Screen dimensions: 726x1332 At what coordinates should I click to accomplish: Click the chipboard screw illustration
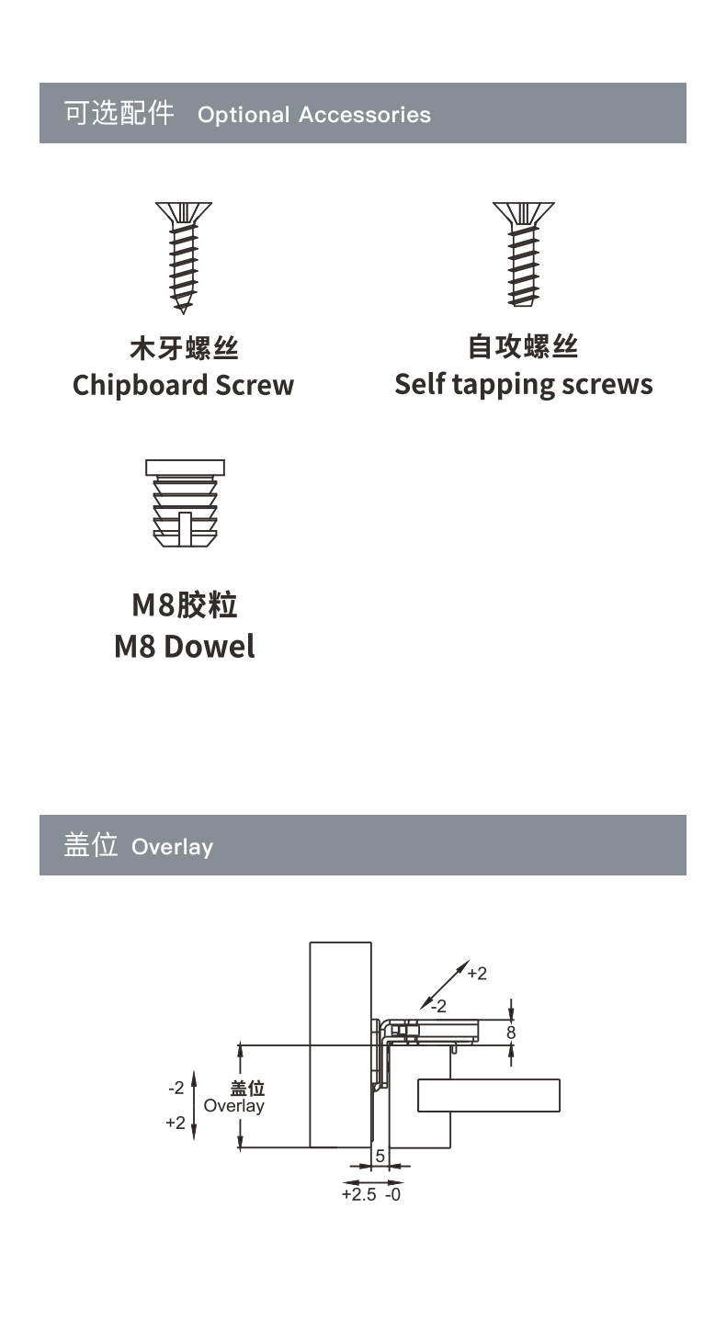(x=183, y=257)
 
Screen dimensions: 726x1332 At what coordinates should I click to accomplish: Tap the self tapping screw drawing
(x=523, y=254)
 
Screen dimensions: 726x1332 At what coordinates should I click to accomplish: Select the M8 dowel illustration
(x=185, y=503)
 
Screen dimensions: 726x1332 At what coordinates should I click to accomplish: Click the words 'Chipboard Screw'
(x=183, y=385)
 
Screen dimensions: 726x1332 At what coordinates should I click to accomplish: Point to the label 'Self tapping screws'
(x=524, y=385)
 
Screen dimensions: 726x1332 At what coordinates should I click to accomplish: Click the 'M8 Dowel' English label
(x=185, y=647)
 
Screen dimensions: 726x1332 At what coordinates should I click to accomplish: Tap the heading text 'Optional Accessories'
(x=314, y=115)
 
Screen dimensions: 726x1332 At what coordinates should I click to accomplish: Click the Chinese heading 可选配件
(x=119, y=113)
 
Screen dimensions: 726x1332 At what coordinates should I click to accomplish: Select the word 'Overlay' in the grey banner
(x=172, y=847)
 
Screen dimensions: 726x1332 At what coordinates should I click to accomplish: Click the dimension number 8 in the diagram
(x=511, y=1033)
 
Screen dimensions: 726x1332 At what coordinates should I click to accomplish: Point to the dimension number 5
(x=380, y=1156)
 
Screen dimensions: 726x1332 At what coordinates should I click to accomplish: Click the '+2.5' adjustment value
(x=358, y=1194)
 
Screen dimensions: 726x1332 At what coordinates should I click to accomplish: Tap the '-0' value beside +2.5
(x=392, y=1194)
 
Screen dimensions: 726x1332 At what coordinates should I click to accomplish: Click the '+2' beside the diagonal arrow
(x=477, y=974)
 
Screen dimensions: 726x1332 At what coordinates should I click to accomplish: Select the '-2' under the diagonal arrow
(x=438, y=1006)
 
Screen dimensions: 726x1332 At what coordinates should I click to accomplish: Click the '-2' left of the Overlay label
(x=176, y=1088)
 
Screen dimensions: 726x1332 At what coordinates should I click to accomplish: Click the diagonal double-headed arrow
(x=445, y=985)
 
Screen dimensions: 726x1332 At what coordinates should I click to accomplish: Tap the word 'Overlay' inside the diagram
(x=233, y=1106)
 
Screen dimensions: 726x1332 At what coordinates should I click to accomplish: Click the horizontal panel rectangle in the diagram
(x=489, y=1095)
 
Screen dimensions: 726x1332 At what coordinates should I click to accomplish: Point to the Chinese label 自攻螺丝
(x=523, y=346)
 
